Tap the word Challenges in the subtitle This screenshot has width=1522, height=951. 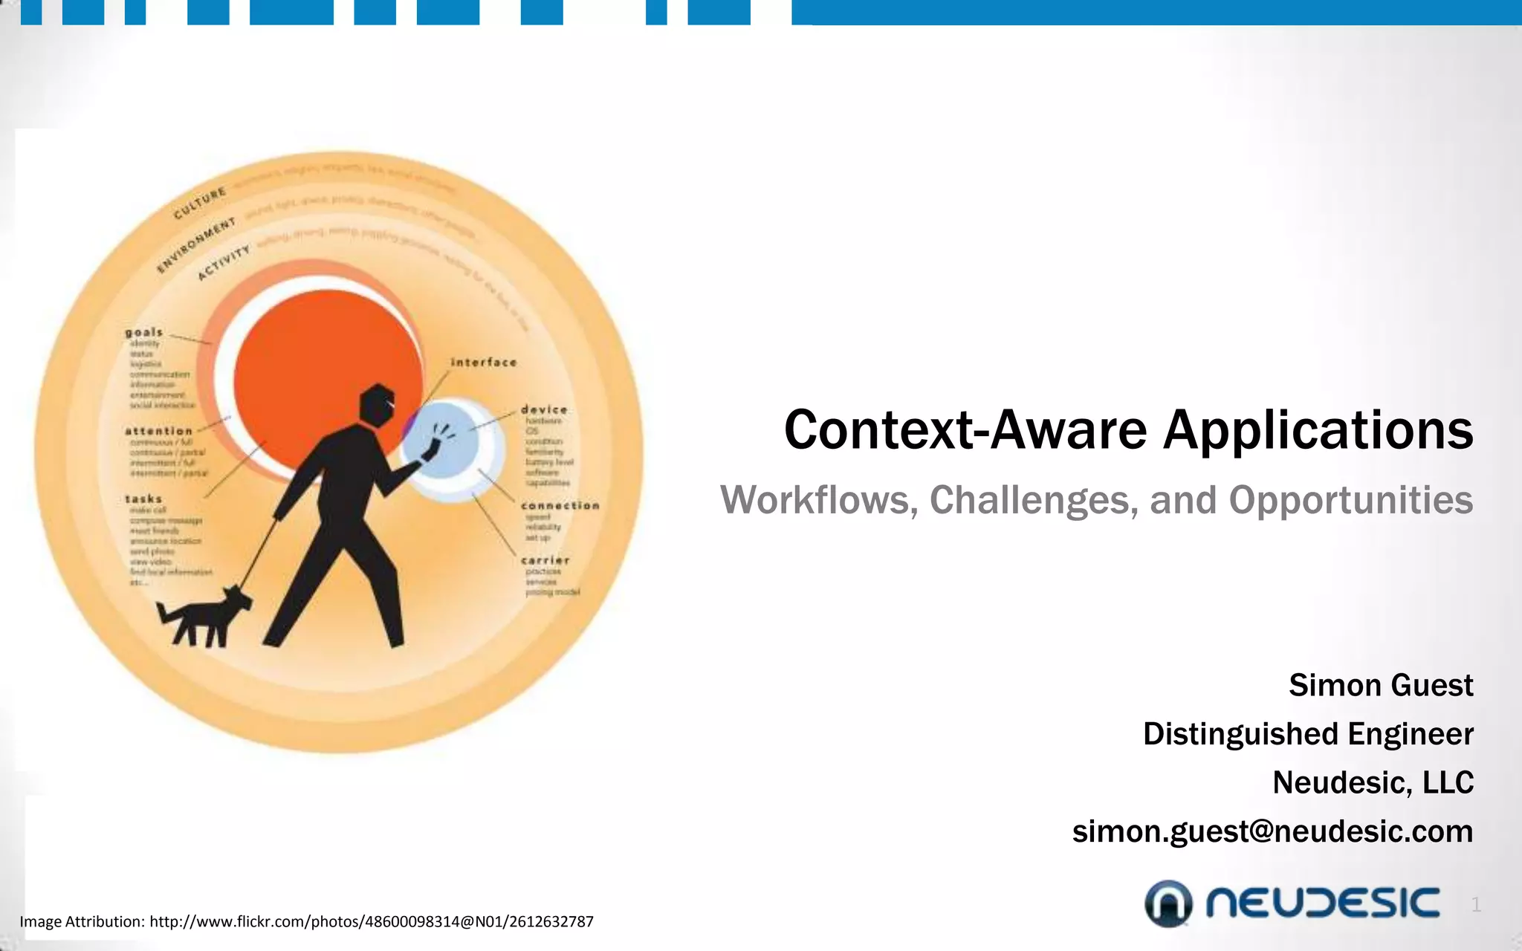point(1034,500)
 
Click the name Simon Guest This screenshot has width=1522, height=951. point(1380,685)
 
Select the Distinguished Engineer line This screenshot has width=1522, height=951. point(1307,734)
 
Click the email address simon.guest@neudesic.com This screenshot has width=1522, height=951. point(1272,831)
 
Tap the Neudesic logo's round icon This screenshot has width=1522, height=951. point(1168,903)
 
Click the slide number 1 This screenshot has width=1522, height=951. point(1476,905)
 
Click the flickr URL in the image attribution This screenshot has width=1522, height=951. point(371,922)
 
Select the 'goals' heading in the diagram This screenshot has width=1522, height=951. point(143,332)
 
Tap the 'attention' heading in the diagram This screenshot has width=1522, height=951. point(158,431)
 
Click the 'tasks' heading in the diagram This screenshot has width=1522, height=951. point(143,499)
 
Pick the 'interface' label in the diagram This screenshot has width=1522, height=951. point(484,363)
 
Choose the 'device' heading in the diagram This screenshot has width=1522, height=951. point(544,409)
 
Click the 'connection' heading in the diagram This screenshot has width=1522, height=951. point(560,506)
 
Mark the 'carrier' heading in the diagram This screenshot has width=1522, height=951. point(545,560)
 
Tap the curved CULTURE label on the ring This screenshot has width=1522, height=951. point(200,204)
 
